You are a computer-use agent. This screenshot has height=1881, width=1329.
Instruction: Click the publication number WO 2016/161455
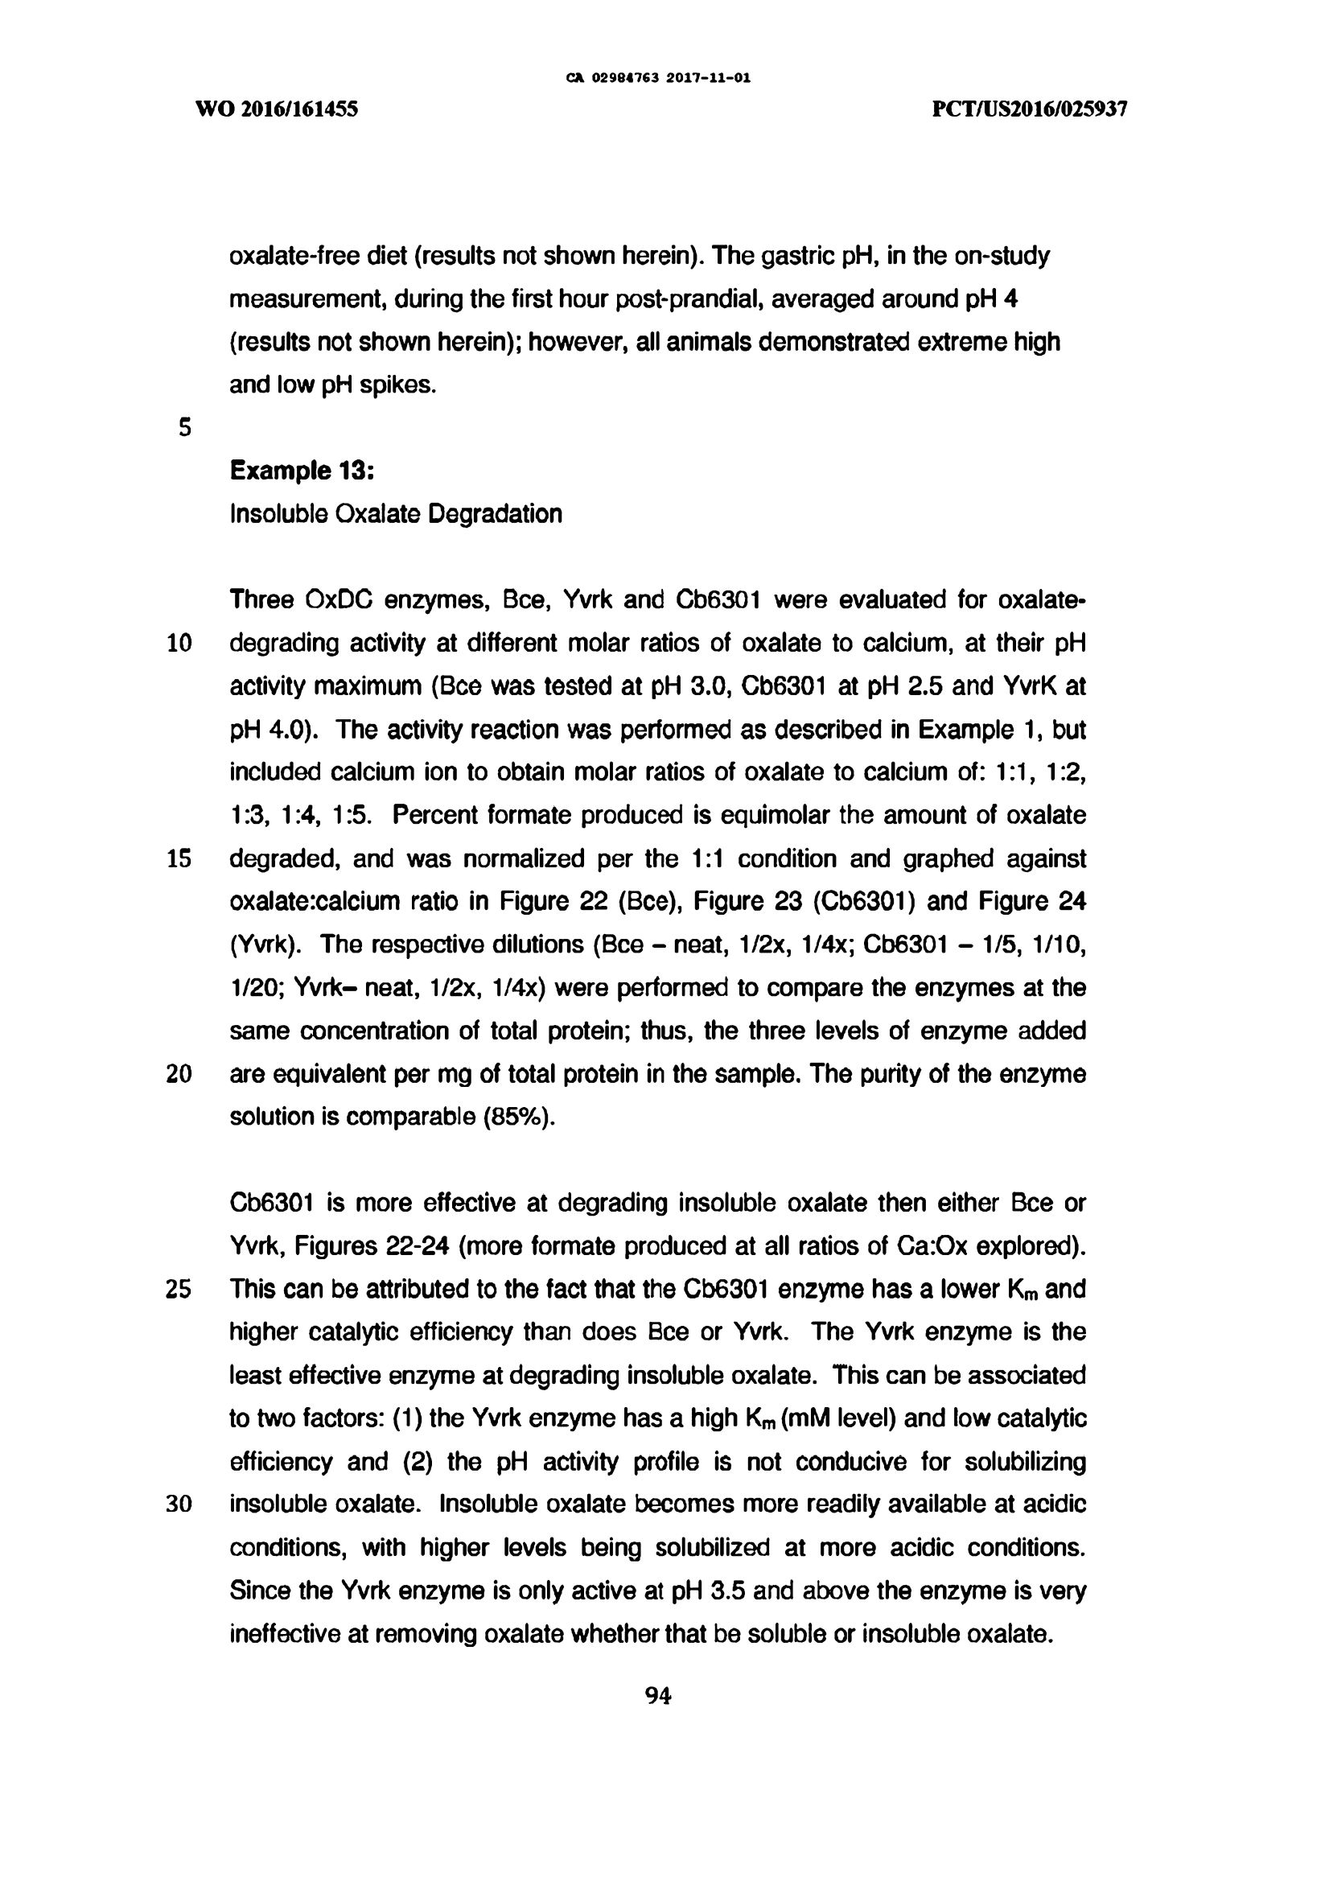tap(277, 109)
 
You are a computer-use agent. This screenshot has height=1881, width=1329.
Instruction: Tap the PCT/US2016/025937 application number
tap(1030, 109)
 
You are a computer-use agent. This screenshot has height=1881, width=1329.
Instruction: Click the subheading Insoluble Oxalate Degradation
tap(396, 513)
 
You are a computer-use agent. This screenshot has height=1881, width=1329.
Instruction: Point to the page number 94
tap(659, 1695)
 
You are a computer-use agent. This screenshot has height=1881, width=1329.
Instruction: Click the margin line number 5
tap(184, 428)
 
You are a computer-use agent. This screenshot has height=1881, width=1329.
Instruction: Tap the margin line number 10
tap(179, 643)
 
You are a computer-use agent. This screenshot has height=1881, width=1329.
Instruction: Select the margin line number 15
tap(179, 858)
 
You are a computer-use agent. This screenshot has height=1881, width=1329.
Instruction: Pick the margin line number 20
tap(179, 1074)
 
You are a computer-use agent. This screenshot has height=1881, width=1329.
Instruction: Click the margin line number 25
tap(179, 1290)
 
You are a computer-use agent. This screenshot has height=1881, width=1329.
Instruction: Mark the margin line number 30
tap(179, 1504)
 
